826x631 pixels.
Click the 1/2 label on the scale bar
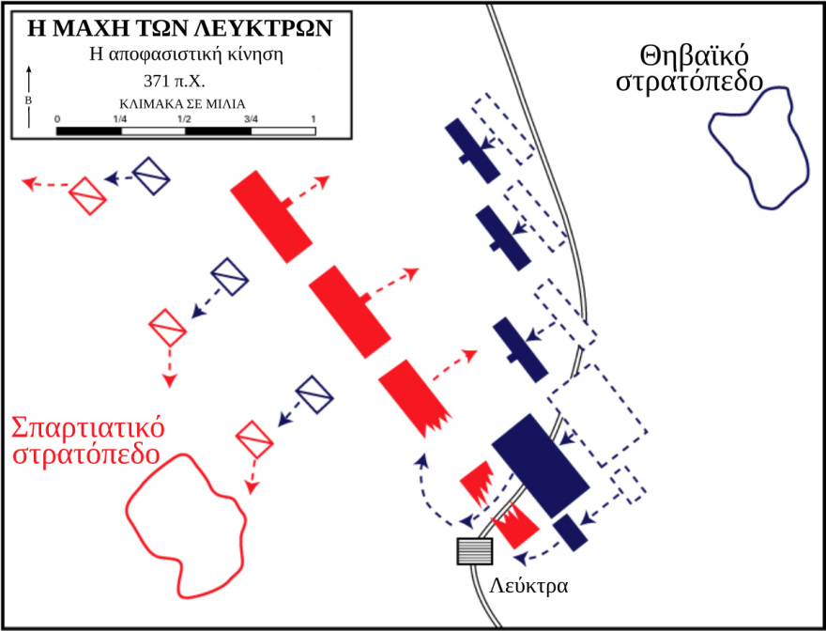click(x=184, y=118)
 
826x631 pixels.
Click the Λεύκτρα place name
click(x=529, y=583)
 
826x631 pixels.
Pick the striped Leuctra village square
click(x=474, y=551)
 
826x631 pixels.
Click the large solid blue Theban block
click(x=540, y=462)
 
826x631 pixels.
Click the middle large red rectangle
click(x=349, y=311)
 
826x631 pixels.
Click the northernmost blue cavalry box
click(x=150, y=176)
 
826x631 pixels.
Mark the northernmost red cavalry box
click(x=87, y=196)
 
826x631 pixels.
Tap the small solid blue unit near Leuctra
click(x=570, y=532)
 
